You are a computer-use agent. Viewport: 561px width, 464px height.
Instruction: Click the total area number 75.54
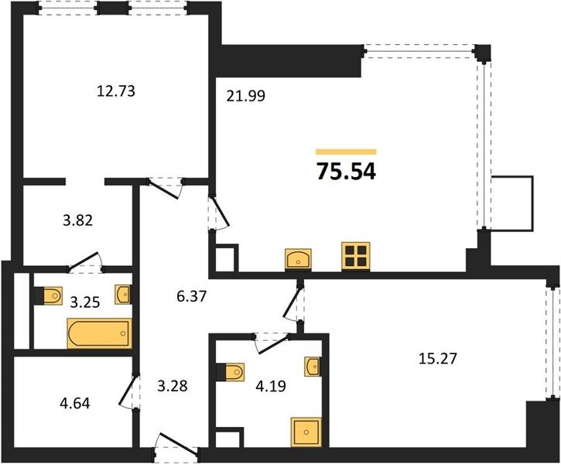pos(346,172)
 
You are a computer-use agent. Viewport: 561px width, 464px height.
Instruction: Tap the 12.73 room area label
pos(116,90)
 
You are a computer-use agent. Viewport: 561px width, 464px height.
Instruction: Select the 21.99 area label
pos(246,96)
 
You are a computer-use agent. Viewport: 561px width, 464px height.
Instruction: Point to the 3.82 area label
pos(77,220)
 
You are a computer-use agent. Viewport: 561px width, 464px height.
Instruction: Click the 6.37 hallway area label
pos(192,296)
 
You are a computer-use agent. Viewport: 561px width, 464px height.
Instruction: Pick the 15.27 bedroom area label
pos(437,358)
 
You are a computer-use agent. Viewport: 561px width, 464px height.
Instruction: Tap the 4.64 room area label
pos(75,403)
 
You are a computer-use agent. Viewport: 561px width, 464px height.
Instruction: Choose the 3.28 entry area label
pos(173,386)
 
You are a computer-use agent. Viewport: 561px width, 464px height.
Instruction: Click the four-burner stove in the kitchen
pos(356,256)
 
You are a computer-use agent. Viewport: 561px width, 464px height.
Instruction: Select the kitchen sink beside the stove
pos(298,259)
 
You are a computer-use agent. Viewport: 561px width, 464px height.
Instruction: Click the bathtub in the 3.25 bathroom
pos(100,333)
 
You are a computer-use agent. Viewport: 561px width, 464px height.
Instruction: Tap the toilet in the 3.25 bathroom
pos(48,295)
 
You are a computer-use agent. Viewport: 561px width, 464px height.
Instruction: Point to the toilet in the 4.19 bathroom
pos(231,372)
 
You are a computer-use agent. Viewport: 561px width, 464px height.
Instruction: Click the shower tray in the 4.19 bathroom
pos(306,432)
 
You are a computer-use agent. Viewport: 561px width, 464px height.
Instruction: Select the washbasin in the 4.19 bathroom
pos(313,366)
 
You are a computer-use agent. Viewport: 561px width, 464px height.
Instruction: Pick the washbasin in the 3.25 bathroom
pos(123,295)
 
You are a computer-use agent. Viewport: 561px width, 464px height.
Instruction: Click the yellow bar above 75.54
pos(346,152)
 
